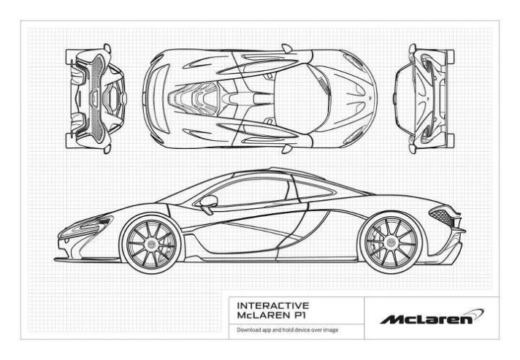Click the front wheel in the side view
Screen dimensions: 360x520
coord(151,242)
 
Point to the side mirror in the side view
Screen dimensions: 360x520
coord(208,200)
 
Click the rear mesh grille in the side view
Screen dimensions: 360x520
coord(441,215)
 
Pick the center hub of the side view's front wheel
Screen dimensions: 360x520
coord(151,242)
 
